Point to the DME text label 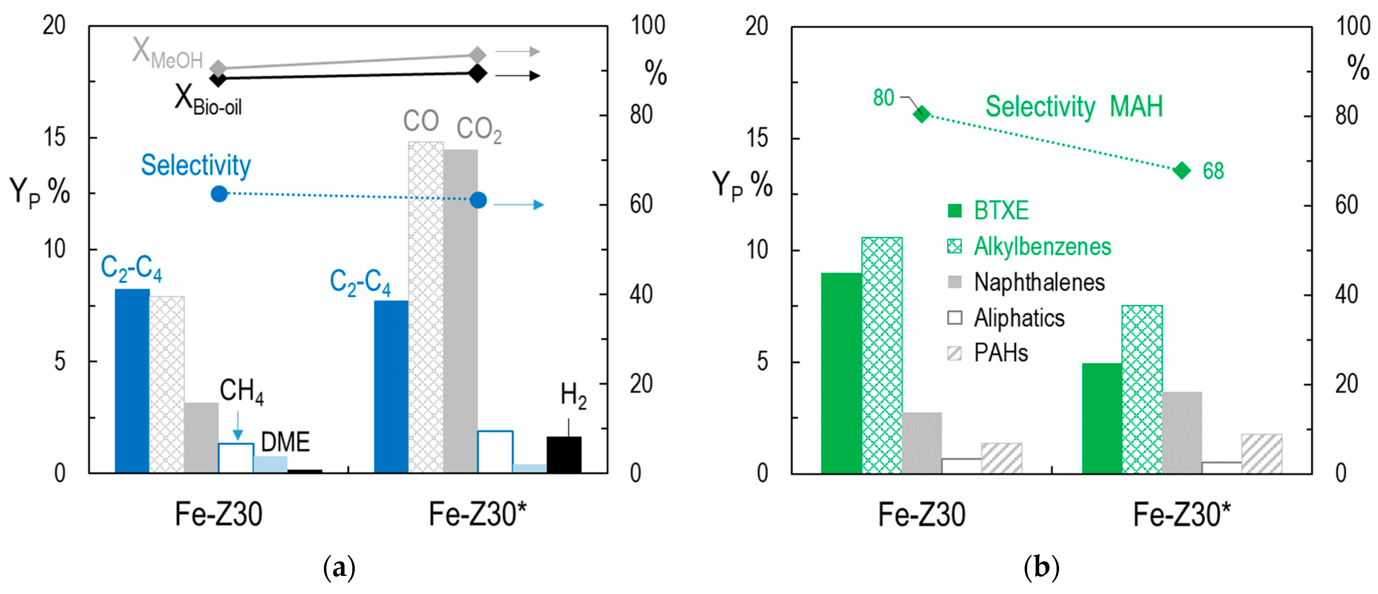[285, 442]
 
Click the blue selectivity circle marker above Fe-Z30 [219, 194]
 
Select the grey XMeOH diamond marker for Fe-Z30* [477, 55]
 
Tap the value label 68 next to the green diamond [1213, 171]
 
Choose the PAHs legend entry [1001, 353]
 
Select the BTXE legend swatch [954, 211]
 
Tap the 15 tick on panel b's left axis [756, 139]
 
